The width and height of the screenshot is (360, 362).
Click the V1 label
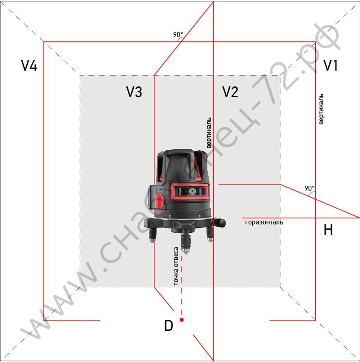coord(330,65)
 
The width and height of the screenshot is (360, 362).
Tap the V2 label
coord(230,92)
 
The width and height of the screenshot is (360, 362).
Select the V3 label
coord(134,92)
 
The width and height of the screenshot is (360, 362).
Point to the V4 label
coord(29,65)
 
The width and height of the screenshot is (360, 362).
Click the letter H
coord(328,230)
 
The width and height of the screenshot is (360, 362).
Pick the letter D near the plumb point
coord(168,325)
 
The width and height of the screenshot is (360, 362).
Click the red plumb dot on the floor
coord(182,320)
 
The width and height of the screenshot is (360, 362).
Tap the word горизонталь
coord(264,222)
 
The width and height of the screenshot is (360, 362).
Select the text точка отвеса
coord(176,266)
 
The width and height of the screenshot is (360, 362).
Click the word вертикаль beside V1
coord(321,109)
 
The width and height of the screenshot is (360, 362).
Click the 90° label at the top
coord(178,35)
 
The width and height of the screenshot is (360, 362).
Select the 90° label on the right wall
coord(309,188)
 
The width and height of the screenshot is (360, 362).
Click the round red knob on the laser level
coord(159,202)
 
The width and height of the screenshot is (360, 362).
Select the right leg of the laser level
coord(210,234)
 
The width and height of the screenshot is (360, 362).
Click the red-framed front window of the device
coord(189,191)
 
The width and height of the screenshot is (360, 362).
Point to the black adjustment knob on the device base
coord(219,222)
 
